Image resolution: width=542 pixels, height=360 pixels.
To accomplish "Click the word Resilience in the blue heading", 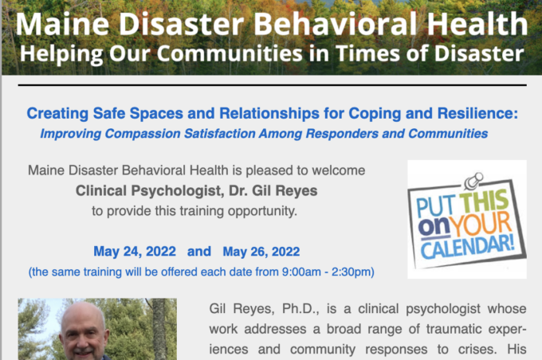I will point(474,114).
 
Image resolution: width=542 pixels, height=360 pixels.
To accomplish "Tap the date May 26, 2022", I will point(261,252).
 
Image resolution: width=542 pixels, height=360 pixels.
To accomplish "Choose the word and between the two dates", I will point(198,252).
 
